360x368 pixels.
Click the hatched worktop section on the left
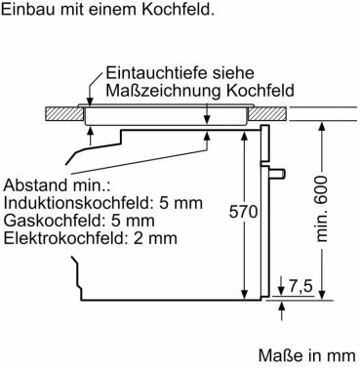click(63, 114)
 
